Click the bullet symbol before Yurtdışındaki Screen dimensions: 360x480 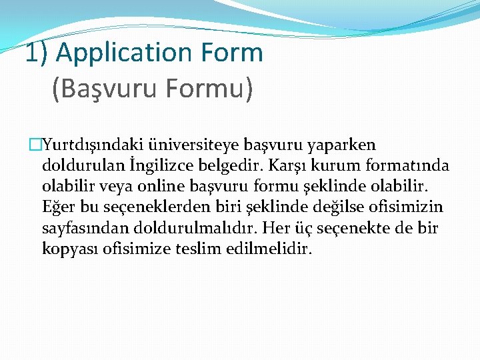click(35, 145)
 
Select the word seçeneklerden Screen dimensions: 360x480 click(151, 207)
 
